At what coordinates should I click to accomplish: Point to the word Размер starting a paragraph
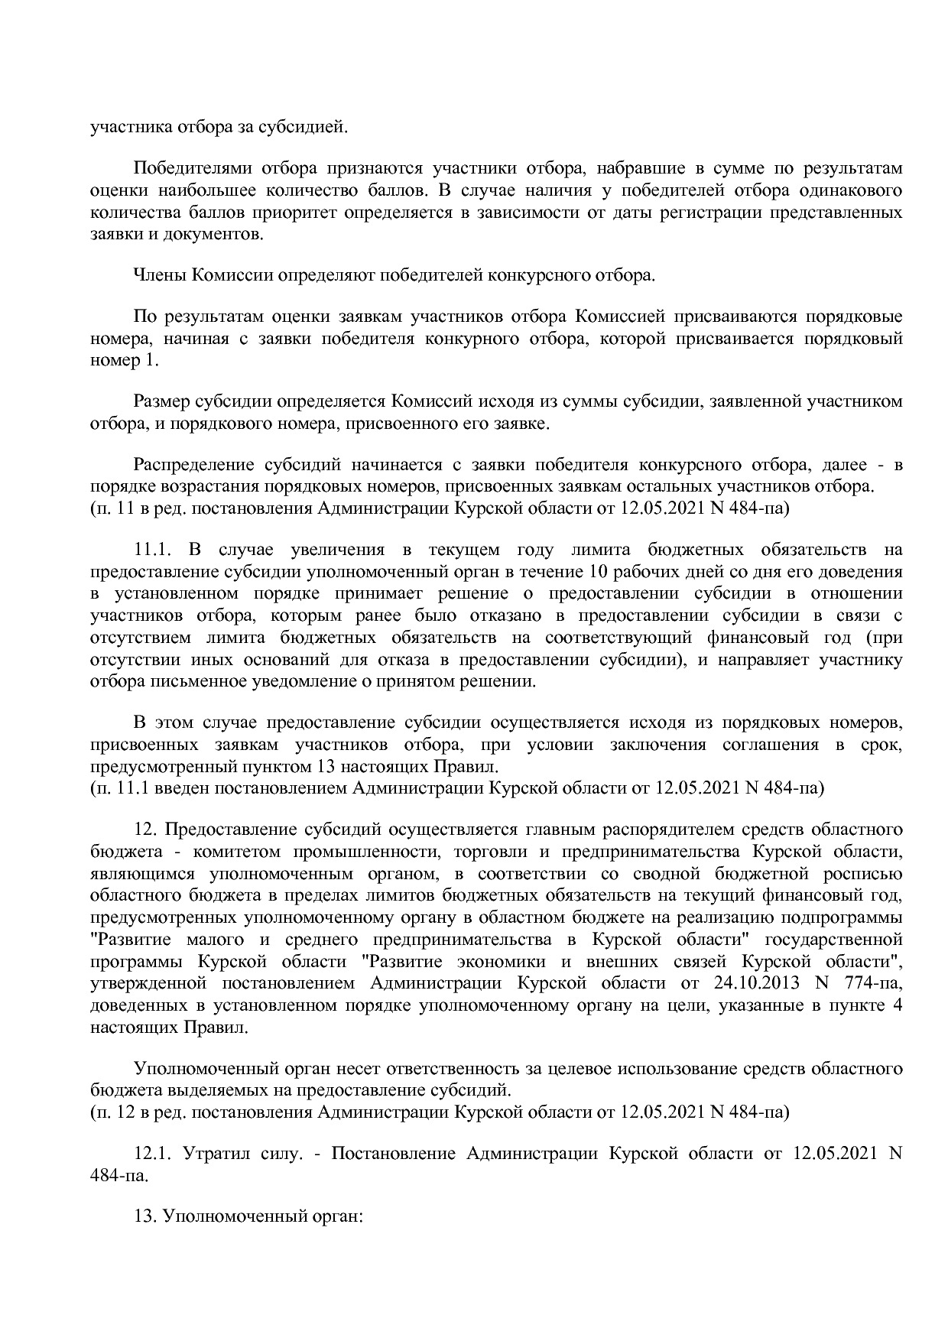click(159, 402)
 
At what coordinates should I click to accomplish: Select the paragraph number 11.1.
click(155, 550)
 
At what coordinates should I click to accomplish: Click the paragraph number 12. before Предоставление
click(146, 830)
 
